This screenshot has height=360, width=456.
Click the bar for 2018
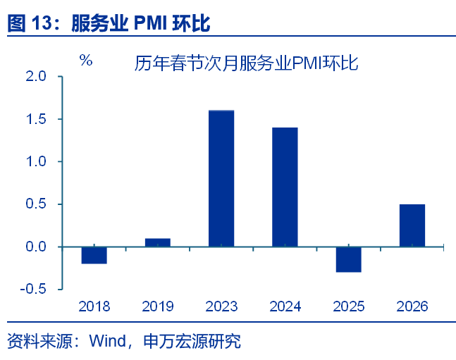(94, 255)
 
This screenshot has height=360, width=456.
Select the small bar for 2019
(158, 242)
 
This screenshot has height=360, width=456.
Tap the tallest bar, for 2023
(221, 178)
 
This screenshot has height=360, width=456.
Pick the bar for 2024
(285, 187)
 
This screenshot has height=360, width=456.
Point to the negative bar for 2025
(348, 259)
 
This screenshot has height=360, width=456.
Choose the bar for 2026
(412, 225)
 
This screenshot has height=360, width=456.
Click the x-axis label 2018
(94, 306)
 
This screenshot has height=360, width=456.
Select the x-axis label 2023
(221, 306)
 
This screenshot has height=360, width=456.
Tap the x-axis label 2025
(348, 306)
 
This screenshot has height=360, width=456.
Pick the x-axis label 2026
(412, 306)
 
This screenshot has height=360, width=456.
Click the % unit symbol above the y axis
(86, 61)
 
